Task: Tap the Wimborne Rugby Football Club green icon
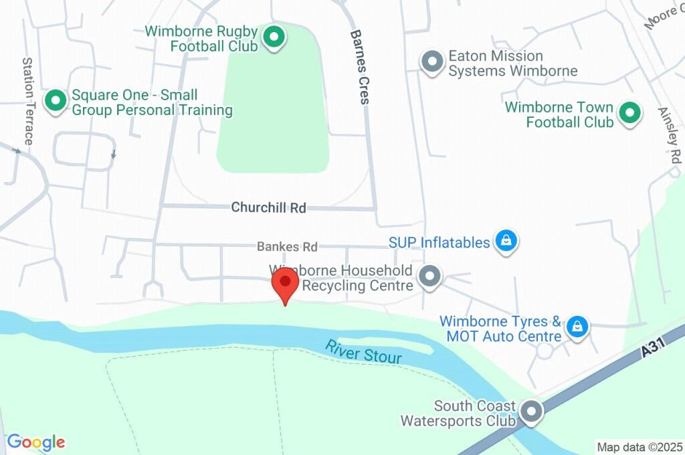[273, 37]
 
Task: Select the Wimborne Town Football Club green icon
[629, 113]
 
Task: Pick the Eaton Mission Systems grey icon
[432, 62]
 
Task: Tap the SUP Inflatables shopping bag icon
[506, 242]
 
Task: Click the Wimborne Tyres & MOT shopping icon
[576, 327]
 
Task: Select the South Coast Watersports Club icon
[532, 412]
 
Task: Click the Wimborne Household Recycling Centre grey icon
[429, 276]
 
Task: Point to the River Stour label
[364, 352]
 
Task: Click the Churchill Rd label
[268, 208]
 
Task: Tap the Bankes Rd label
[287, 247]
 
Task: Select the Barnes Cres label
[360, 66]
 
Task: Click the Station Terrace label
[28, 101]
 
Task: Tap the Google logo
[36, 442]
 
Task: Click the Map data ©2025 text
[639, 447]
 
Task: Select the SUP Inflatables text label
[439, 242]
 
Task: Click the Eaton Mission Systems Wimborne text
[512, 64]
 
